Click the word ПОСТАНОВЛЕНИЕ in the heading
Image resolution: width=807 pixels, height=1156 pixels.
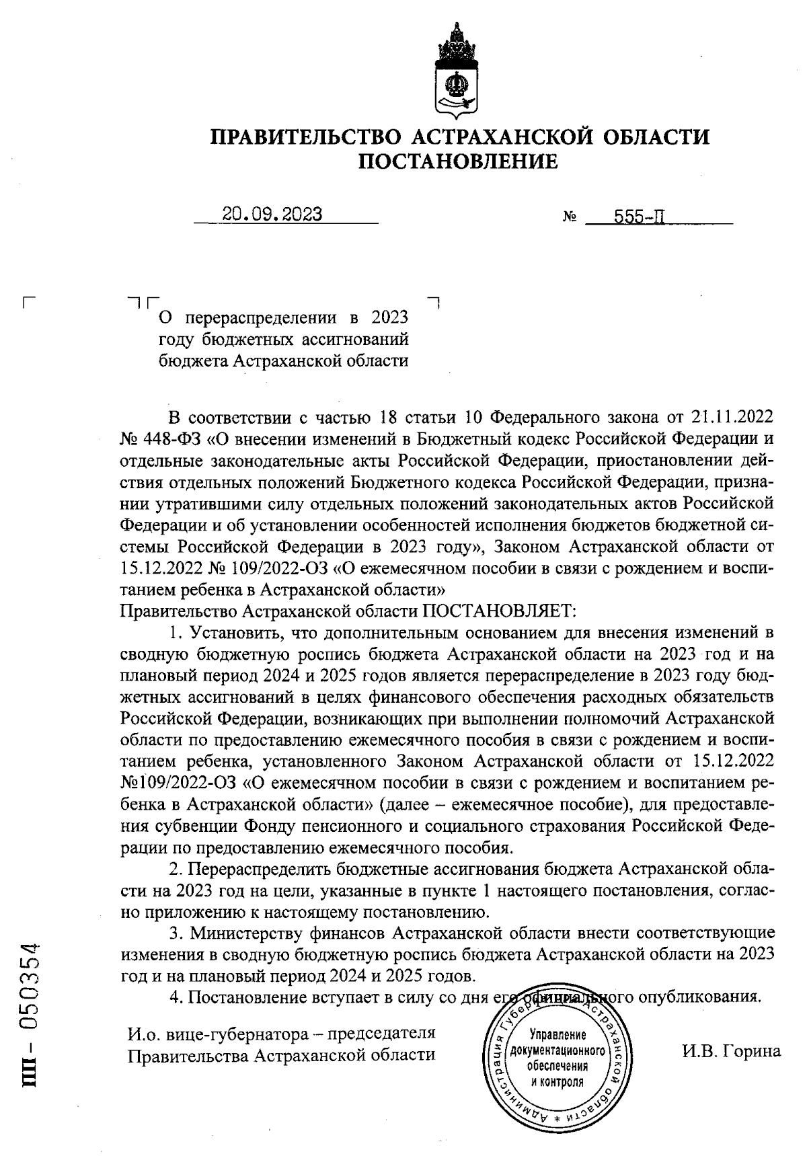pyautogui.click(x=457, y=162)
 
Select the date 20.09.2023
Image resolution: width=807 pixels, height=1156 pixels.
pyautogui.click(x=272, y=215)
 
